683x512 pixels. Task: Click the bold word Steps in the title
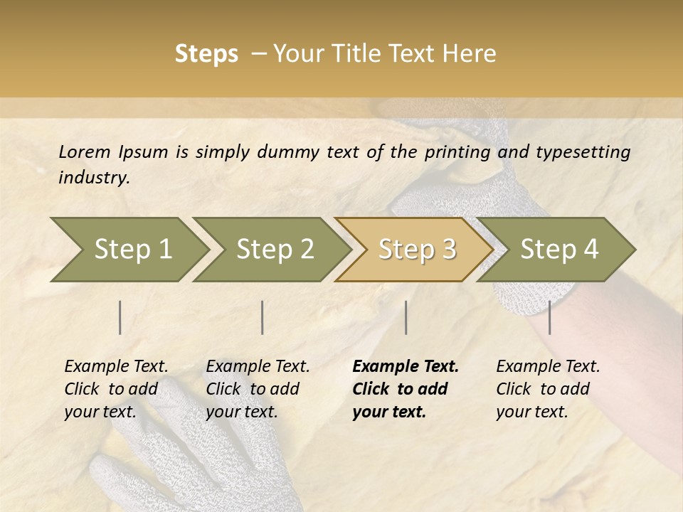pyautogui.click(x=206, y=54)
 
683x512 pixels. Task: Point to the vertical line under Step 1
pyautogui.click(x=120, y=317)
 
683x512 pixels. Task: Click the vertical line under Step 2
pyautogui.click(x=263, y=317)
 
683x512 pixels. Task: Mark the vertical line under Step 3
pyautogui.click(x=406, y=317)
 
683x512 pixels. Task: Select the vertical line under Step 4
pyautogui.click(x=549, y=317)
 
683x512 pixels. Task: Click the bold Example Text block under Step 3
pyautogui.click(x=406, y=389)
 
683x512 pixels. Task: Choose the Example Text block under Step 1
pyautogui.click(x=116, y=389)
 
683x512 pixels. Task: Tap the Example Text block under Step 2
pyautogui.click(x=258, y=389)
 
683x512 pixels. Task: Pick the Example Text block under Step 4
pyautogui.click(x=548, y=389)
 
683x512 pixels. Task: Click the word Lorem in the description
pyautogui.click(x=85, y=151)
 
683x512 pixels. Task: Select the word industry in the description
pyautogui.click(x=93, y=178)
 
